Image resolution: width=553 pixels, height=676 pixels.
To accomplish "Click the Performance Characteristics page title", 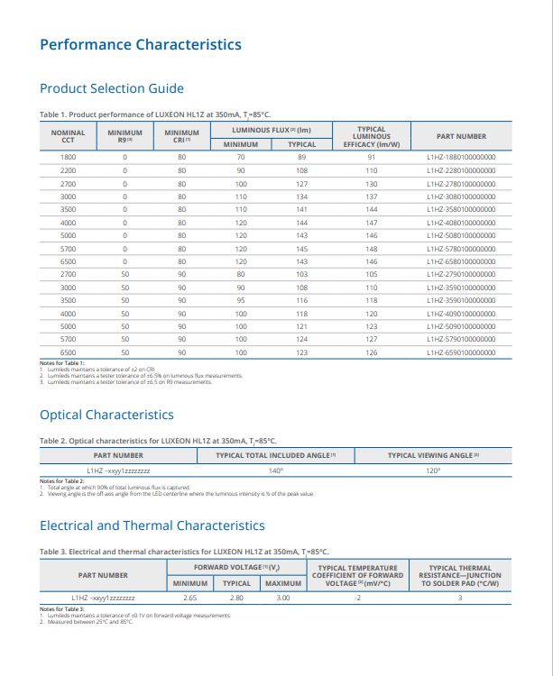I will [x=140, y=44].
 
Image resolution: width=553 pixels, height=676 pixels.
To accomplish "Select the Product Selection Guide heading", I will [x=112, y=88].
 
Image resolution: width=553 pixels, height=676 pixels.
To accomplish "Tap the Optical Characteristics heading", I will [x=106, y=415].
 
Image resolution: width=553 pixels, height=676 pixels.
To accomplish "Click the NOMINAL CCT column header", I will [x=68, y=136].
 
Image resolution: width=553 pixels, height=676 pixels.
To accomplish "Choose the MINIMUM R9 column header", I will [x=124, y=136].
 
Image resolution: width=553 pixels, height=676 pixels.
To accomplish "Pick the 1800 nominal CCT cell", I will [x=68, y=157].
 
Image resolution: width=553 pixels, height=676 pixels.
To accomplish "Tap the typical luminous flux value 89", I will [x=301, y=157].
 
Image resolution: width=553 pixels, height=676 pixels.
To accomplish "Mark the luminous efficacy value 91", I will [x=371, y=157].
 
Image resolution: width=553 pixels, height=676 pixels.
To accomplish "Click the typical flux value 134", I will [x=301, y=196].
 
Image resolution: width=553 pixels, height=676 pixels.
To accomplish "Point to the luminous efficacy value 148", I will [x=371, y=249].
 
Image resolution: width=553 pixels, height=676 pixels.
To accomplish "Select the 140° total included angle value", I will [x=276, y=470].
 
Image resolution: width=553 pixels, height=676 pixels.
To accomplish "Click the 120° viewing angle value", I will [x=433, y=470].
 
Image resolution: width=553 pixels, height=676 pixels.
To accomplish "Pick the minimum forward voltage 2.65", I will [x=190, y=598].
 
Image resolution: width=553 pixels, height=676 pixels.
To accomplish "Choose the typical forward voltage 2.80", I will [x=236, y=598].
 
